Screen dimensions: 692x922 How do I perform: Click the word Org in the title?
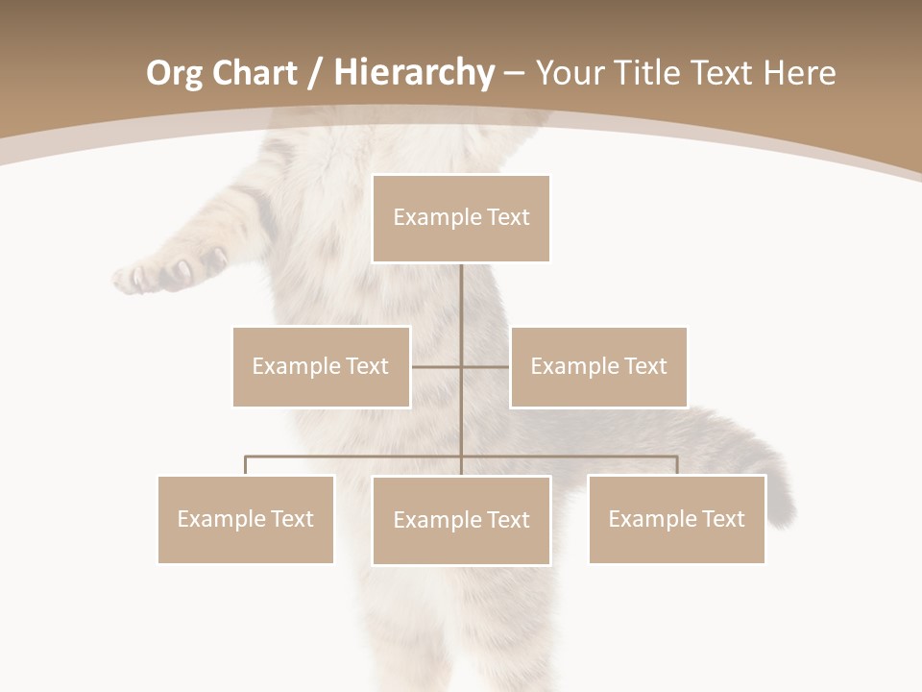coord(174,73)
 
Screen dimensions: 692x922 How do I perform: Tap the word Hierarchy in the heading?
coord(413,73)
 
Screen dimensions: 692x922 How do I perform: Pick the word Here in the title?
coord(799,73)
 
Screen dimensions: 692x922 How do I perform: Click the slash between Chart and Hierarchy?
coord(315,74)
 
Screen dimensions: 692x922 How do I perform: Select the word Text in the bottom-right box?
coord(723,519)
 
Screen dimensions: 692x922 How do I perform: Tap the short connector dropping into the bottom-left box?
coord(246,465)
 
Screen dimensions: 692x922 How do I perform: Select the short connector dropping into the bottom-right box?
coord(677,465)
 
